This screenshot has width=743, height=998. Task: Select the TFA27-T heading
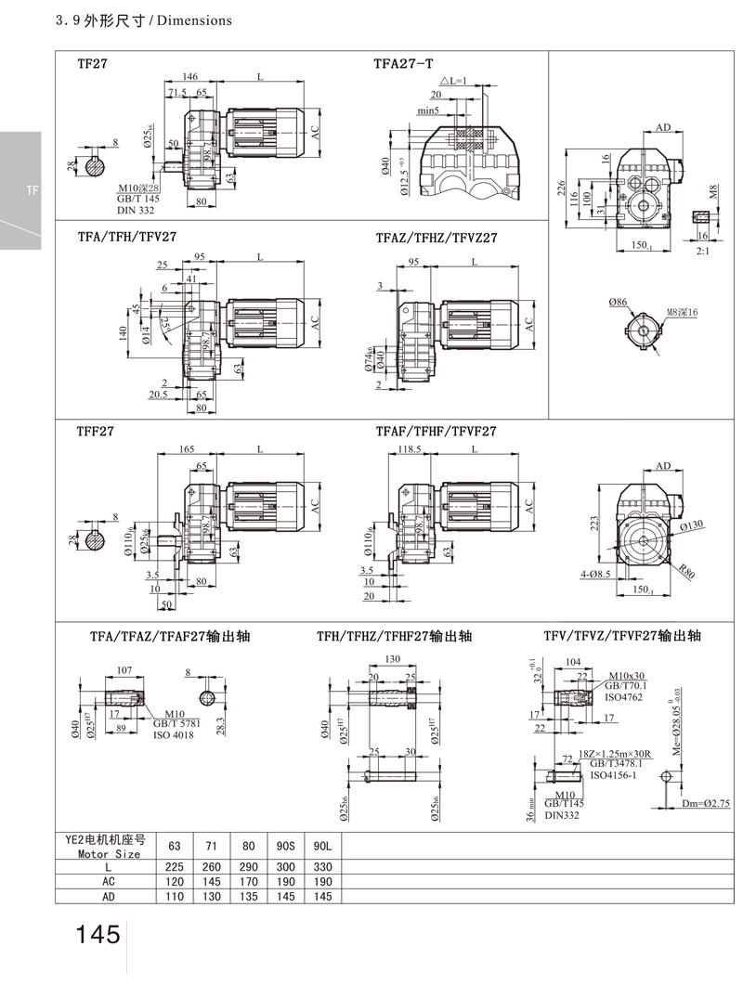click(x=402, y=64)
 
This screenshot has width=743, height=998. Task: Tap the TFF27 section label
click(x=95, y=432)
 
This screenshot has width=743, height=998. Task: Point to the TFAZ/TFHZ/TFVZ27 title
click(x=436, y=238)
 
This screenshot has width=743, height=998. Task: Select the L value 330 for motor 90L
click(x=322, y=865)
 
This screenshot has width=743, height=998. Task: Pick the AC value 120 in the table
click(x=173, y=880)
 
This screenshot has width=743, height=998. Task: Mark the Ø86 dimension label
click(x=619, y=303)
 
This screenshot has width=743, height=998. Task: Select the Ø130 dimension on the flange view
click(x=691, y=526)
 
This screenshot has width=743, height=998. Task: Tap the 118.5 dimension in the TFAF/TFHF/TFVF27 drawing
click(x=409, y=449)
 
